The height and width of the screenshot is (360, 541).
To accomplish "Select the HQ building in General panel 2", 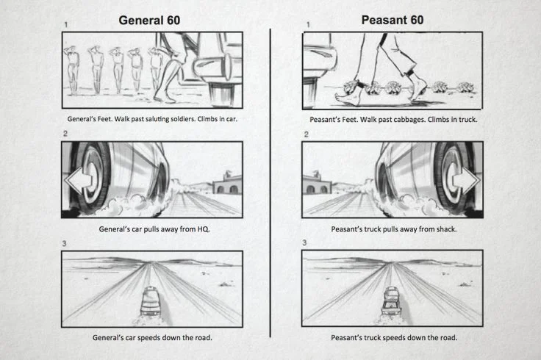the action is tap(226, 182).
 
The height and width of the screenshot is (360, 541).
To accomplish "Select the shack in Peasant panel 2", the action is tap(318, 182).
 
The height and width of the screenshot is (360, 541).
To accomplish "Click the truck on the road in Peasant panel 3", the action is tap(390, 299).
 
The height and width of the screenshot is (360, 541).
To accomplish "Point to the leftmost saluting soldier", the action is tap(72, 70).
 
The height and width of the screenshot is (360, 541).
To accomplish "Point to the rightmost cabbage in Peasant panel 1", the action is tap(462, 87).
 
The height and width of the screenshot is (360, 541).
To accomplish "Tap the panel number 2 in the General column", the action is tap(65, 134).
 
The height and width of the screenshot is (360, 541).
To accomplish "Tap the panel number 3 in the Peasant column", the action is tap(305, 243).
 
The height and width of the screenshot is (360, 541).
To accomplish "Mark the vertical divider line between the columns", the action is tap(270, 184).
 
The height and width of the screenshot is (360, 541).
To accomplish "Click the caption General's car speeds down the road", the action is tap(152, 338).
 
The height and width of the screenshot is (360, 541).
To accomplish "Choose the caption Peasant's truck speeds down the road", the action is tap(393, 338).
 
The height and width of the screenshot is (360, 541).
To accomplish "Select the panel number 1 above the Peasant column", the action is tap(306, 25).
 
